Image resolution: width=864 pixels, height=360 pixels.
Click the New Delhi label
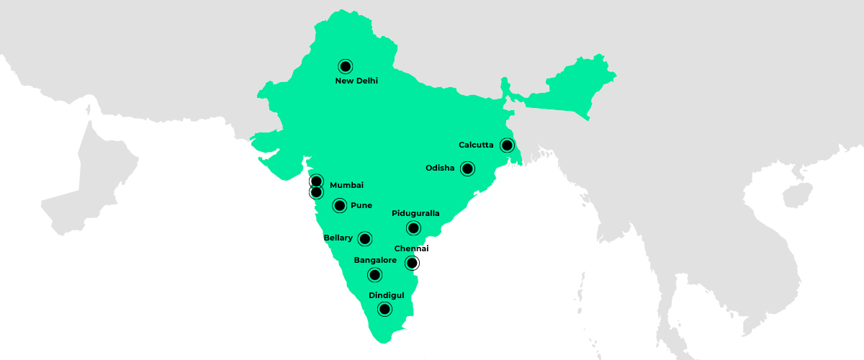[356, 81]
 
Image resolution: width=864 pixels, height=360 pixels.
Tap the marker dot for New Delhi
[346, 66]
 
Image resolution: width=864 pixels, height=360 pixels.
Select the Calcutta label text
[476, 145]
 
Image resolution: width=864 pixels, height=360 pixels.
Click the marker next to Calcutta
[508, 145]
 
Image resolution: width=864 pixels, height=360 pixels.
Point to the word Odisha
[440, 168]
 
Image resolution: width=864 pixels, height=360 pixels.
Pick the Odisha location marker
[467, 169]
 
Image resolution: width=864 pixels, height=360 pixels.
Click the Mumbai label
[346, 186]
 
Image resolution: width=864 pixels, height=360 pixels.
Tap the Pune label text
[361, 206]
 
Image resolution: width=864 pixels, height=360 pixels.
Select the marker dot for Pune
[340, 206]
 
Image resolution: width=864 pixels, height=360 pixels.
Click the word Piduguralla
[415, 214]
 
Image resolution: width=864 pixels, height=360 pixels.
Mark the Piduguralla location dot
[413, 228]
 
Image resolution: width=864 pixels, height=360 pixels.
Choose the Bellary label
[338, 238]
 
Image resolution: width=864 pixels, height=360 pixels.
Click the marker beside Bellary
[365, 238]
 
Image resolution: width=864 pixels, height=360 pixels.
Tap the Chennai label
[411, 248]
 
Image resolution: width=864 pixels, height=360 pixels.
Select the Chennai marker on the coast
[412, 263]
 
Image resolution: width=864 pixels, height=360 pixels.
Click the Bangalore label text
[375, 261]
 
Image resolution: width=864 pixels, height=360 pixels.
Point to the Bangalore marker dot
[374, 274]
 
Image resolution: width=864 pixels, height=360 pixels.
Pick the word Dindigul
[387, 295]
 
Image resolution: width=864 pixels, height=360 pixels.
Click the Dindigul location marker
[385, 310]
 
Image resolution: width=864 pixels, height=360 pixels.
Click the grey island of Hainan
[793, 194]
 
